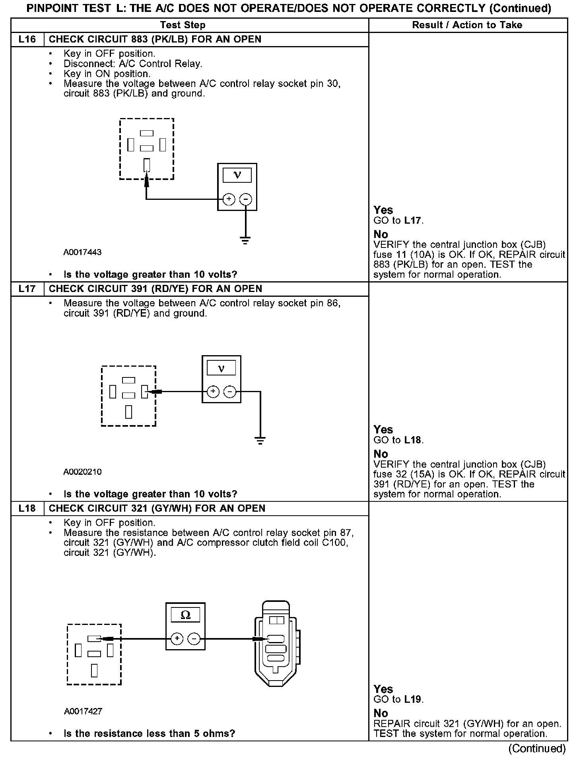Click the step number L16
point(27,39)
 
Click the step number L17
point(27,289)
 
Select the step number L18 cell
point(27,509)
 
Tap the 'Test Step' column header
point(183,25)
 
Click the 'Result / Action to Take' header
point(467,25)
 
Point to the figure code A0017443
point(82,252)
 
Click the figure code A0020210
point(82,472)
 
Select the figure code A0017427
point(83,711)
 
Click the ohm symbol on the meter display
point(185,615)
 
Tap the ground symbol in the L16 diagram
point(245,240)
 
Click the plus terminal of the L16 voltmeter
point(229,199)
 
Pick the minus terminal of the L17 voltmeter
point(229,392)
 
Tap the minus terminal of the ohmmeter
point(194,639)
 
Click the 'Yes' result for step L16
point(383,210)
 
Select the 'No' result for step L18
point(381,713)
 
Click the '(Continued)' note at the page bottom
point(536,748)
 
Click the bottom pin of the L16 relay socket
point(147,164)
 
